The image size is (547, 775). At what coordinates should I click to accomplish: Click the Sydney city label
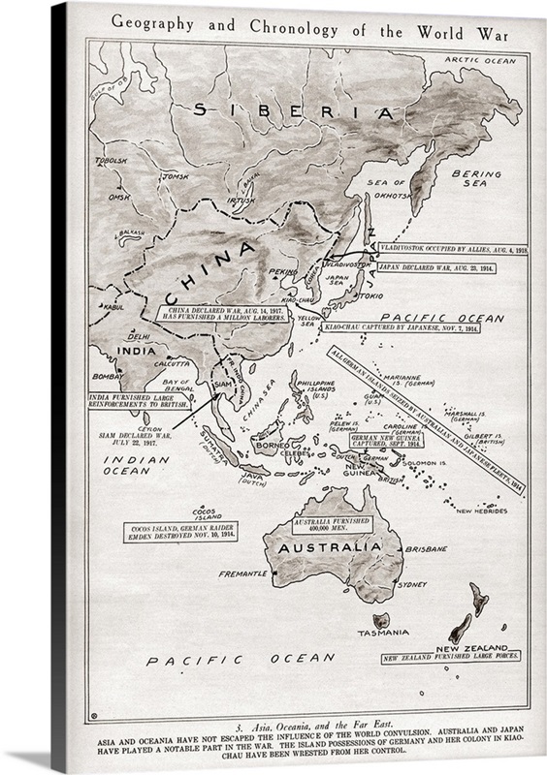point(411,584)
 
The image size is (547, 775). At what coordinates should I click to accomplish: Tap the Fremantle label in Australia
point(242,573)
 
